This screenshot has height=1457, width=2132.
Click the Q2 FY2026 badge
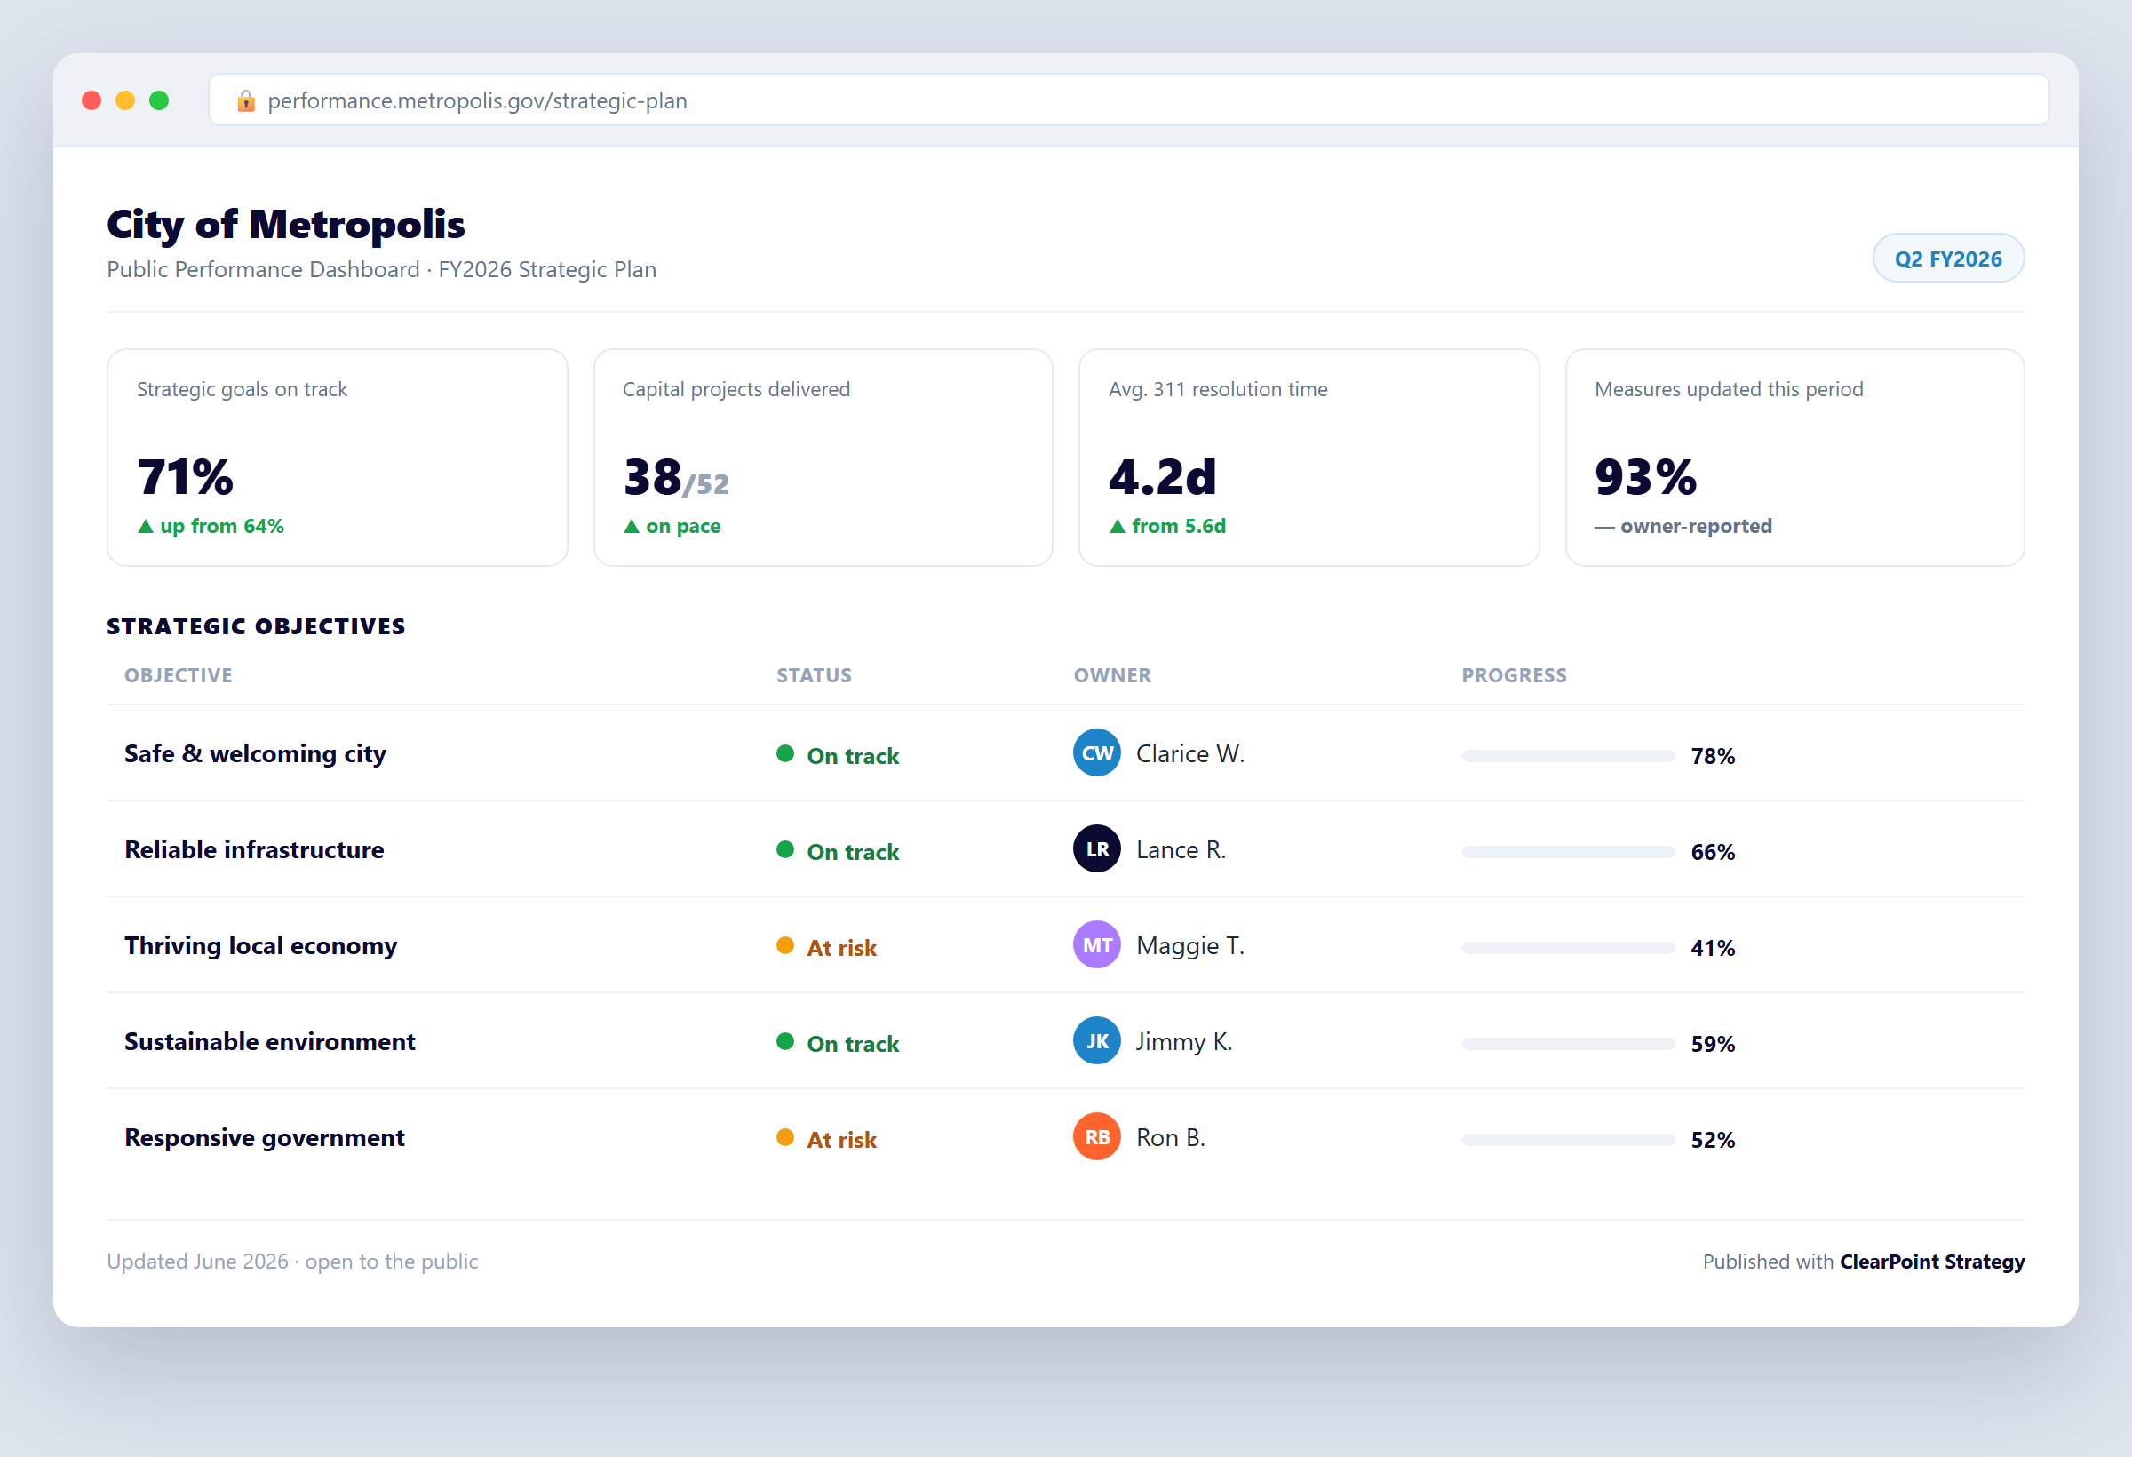pyautogui.click(x=1947, y=259)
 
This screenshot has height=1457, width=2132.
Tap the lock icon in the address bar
pyautogui.click(x=246, y=100)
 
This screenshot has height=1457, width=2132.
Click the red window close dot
pyautogui.click(x=91, y=100)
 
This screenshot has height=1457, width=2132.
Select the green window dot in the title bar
pyautogui.click(x=159, y=100)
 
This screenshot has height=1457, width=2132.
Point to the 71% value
pyautogui.click(x=186, y=476)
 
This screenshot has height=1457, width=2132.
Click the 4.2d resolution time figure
pyautogui.click(x=1162, y=476)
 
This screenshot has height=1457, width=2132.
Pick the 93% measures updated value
pyautogui.click(x=1646, y=476)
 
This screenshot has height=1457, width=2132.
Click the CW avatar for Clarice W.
pyautogui.click(x=1097, y=753)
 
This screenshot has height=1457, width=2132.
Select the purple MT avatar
pyautogui.click(x=1097, y=945)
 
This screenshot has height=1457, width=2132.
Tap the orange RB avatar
pyautogui.click(x=1097, y=1137)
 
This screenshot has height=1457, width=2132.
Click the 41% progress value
pyautogui.click(x=1713, y=948)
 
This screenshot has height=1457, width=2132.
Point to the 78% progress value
pyautogui.click(x=1713, y=756)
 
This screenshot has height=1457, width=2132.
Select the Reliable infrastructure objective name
pyautogui.click(x=254, y=849)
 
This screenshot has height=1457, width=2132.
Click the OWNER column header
pyautogui.click(x=1112, y=675)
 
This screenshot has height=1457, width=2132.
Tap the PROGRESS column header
pyautogui.click(x=1514, y=675)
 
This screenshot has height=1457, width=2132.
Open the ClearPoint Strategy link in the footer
pyautogui.click(x=1932, y=1262)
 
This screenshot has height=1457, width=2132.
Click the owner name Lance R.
pyautogui.click(x=1181, y=849)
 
